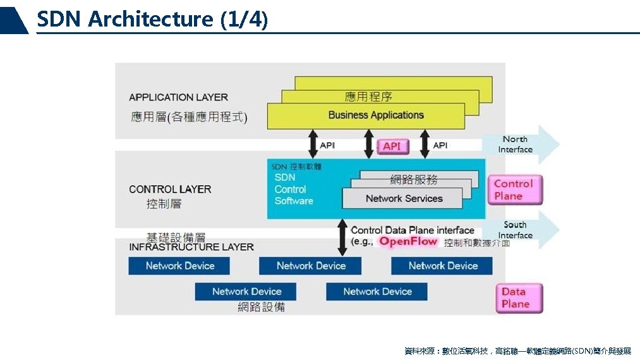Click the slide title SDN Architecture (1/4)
click(152, 19)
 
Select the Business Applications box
click(376, 116)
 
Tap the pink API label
click(392, 147)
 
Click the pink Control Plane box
click(514, 190)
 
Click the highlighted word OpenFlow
click(408, 242)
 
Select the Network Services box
click(404, 198)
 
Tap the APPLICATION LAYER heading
click(178, 97)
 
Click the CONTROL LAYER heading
click(170, 189)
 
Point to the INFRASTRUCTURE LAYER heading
click(191, 247)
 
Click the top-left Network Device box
click(180, 266)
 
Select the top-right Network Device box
click(442, 266)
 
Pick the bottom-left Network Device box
click(246, 291)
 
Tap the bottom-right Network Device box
click(377, 291)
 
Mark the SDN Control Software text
click(294, 189)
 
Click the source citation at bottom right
click(517, 351)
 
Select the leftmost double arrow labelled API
click(313, 145)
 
